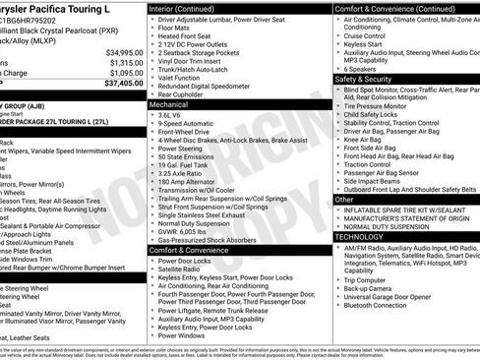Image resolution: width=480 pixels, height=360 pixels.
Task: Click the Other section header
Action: click(x=344, y=199)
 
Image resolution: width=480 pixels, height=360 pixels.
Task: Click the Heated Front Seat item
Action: click(x=190, y=36)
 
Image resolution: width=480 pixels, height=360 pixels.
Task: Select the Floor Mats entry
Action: click(x=177, y=28)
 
